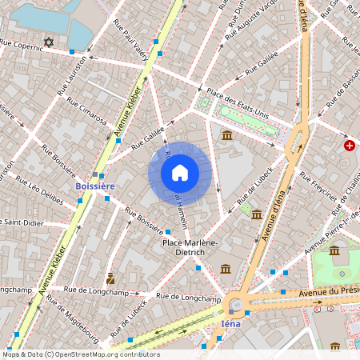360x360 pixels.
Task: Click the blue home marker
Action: [x=180, y=173]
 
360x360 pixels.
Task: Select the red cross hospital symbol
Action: [x=350, y=146]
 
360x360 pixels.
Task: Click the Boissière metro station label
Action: [x=95, y=186]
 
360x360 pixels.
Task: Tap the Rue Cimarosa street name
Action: [x=87, y=113]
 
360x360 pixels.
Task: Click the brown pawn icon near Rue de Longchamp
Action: [x=110, y=278]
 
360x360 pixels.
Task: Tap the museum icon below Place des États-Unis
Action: [x=227, y=136]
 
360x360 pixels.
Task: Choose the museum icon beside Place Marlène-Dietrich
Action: [x=226, y=268]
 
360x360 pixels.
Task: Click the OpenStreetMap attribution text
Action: [x=80, y=354]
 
